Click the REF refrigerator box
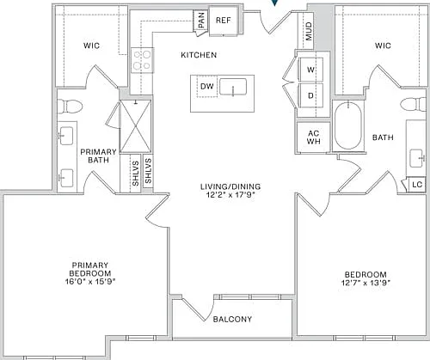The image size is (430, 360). click(224, 21)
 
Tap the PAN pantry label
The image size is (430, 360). click(201, 20)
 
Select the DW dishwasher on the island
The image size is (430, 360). click(207, 86)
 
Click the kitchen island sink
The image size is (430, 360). click(233, 87)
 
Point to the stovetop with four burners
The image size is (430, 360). click(143, 60)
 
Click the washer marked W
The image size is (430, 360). click(310, 70)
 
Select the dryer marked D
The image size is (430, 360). click(310, 95)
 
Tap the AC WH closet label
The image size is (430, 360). click(314, 137)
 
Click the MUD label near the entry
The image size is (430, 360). click(309, 32)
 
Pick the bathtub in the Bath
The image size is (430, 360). click(348, 125)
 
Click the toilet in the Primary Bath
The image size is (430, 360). click(70, 107)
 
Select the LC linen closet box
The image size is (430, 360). click(416, 185)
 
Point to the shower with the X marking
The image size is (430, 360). click(135, 126)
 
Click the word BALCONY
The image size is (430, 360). click(232, 319)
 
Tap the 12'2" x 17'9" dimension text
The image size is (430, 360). click(230, 195)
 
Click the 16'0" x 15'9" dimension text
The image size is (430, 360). click(90, 282)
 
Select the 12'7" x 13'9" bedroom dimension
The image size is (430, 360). click(365, 283)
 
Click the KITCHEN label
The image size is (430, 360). click(199, 55)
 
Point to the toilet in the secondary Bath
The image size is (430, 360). click(413, 104)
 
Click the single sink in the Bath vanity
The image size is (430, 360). click(417, 158)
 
